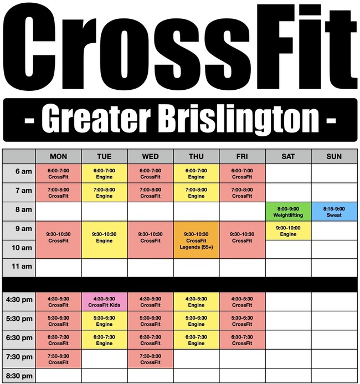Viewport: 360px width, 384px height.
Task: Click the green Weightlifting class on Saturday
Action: (x=288, y=211)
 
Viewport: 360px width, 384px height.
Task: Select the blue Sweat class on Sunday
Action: (x=334, y=211)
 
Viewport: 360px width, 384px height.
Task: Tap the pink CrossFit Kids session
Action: (x=104, y=301)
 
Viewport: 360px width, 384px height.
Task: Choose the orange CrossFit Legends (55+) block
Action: (x=196, y=240)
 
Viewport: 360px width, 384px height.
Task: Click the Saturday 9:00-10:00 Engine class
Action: (x=288, y=231)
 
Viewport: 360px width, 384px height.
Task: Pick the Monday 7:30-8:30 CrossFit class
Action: (x=58, y=359)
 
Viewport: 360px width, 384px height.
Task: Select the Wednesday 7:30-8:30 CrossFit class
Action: (x=150, y=359)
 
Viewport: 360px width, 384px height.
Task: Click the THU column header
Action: (x=196, y=156)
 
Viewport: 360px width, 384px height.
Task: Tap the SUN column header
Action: (x=334, y=156)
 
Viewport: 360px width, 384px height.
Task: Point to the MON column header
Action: (x=58, y=156)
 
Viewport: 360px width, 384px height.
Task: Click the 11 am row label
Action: (x=19, y=267)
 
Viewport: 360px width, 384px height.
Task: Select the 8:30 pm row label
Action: (x=19, y=376)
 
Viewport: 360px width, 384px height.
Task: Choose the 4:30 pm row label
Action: (x=19, y=301)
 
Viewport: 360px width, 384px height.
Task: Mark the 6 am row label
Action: (x=19, y=173)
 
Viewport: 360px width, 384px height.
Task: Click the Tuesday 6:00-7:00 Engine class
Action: (x=104, y=173)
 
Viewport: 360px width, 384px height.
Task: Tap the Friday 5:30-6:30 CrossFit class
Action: (x=242, y=320)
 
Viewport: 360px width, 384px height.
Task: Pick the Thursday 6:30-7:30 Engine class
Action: (x=196, y=340)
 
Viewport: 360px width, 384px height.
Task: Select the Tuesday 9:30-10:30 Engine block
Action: (x=104, y=240)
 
